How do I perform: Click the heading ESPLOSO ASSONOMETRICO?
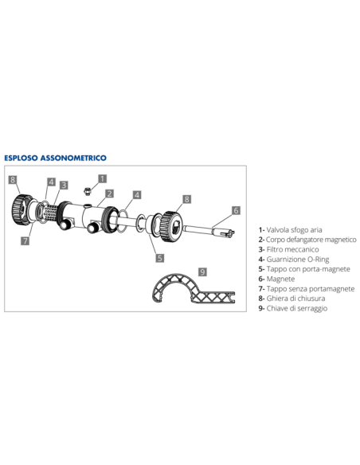(x=56, y=158)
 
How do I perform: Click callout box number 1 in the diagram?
(x=102, y=178)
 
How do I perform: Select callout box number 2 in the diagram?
(x=109, y=193)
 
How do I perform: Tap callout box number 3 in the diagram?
(x=63, y=185)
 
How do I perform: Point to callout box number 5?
(x=159, y=257)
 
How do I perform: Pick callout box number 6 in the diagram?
(x=235, y=210)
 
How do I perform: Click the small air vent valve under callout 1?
(x=87, y=190)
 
